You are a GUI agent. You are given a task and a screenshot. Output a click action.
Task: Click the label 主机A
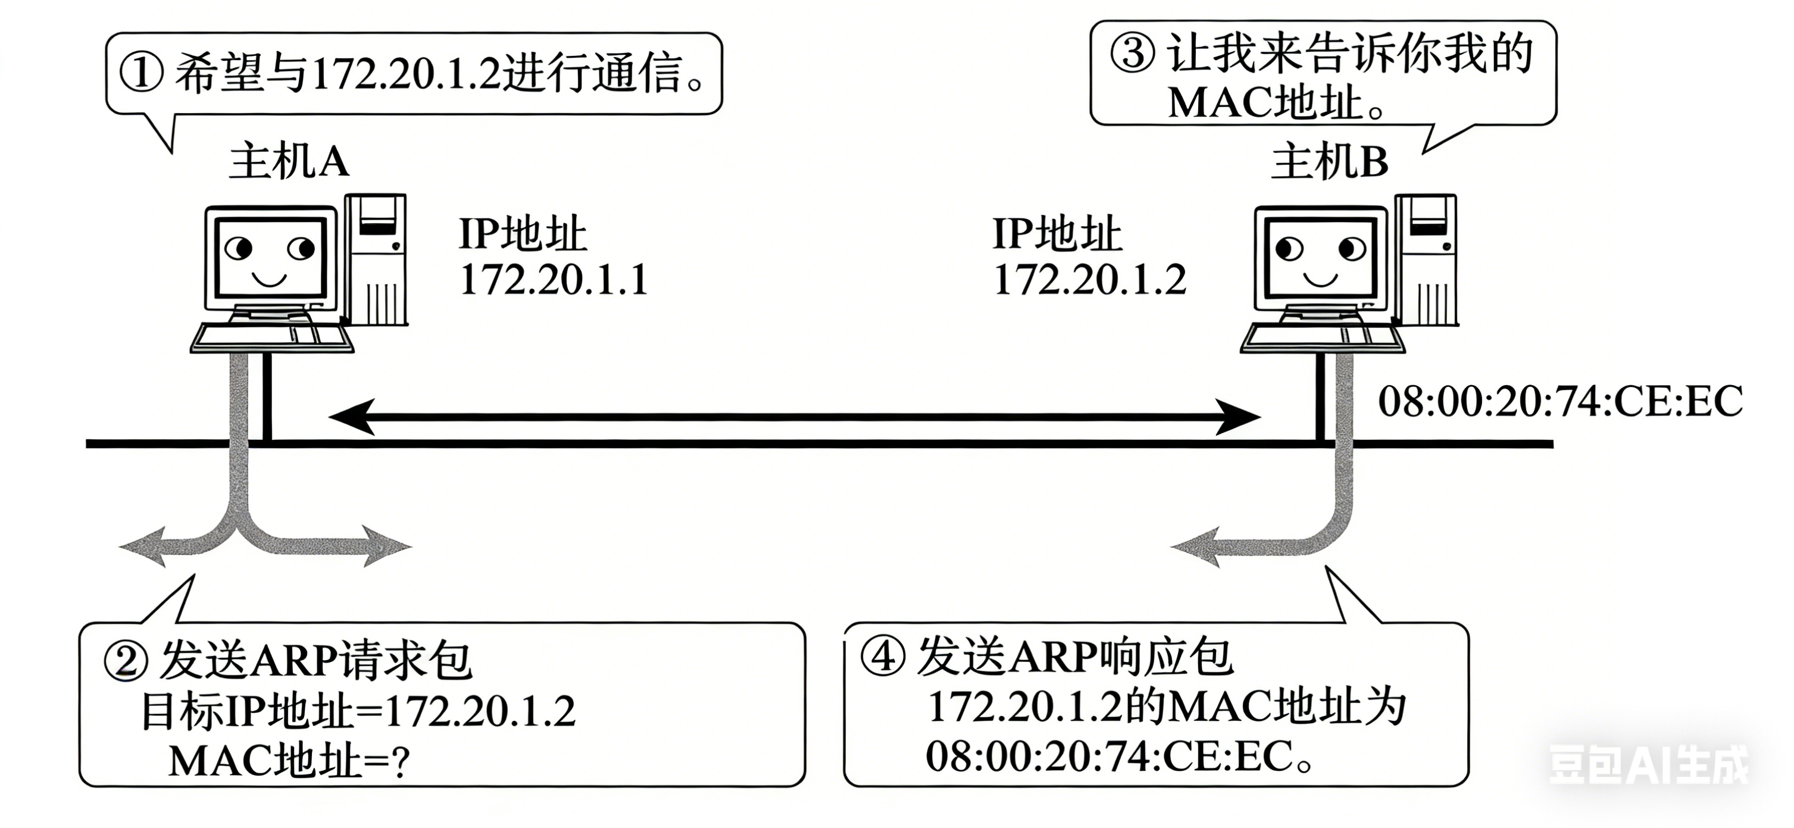(x=288, y=163)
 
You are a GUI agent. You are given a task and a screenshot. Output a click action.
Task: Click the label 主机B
(x=1329, y=163)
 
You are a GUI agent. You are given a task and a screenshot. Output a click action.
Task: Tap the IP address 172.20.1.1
(x=554, y=280)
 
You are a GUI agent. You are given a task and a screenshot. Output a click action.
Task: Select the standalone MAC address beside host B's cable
(x=1560, y=402)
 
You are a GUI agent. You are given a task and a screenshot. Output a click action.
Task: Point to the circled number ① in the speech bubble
(x=142, y=74)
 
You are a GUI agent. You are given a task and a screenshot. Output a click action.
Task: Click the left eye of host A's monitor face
(x=239, y=247)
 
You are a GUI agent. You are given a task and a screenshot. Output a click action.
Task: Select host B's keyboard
(x=1321, y=337)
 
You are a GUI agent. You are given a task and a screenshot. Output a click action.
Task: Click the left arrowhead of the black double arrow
(x=351, y=417)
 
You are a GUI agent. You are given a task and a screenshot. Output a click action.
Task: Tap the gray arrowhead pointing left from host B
(x=1195, y=546)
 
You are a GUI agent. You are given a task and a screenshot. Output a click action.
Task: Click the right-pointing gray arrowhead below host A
(x=388, y=546)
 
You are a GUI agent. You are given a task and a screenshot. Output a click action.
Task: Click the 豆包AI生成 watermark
(x=1648, y=764)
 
